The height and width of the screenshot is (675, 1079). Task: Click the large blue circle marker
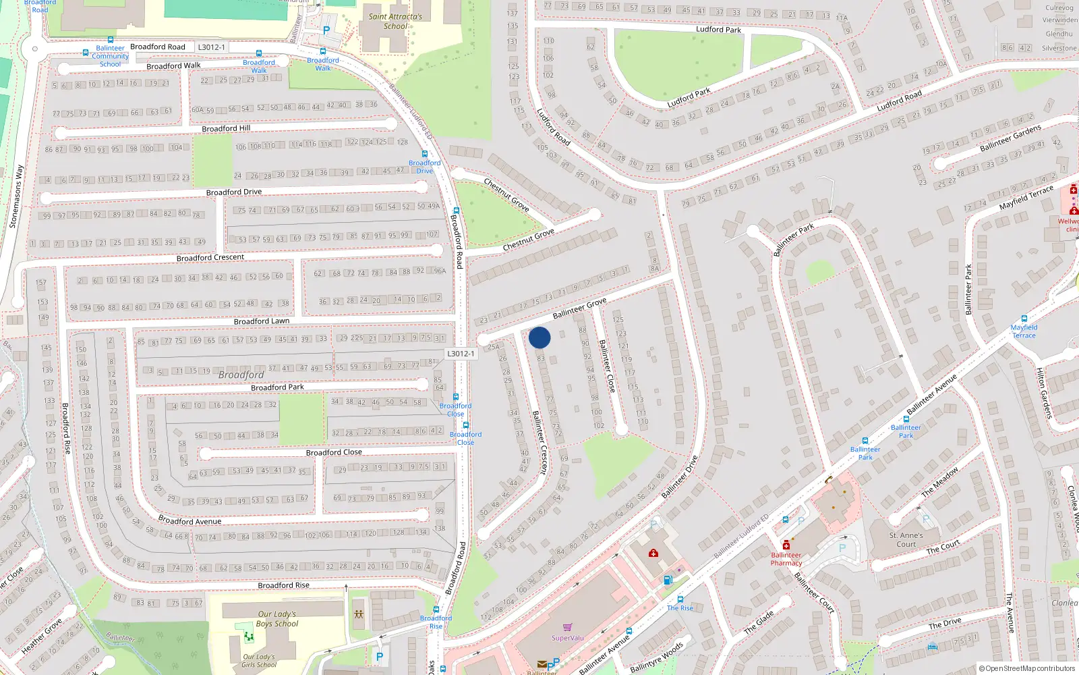tap(539, 337)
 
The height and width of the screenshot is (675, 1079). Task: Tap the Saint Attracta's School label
tap(395, 22)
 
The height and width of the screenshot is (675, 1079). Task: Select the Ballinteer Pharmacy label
tap(786, 559)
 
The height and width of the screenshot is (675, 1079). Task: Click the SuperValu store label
tap(568, 638)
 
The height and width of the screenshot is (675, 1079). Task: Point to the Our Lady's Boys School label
tap(277, 619)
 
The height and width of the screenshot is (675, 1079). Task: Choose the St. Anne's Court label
tap(906, 539)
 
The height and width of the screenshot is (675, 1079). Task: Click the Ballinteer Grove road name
tap(579, 308)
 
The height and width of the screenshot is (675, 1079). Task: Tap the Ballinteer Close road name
tap(607, 366)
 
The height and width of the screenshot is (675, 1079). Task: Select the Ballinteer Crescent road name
tap(540, 443)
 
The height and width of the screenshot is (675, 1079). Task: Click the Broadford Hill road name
tap(226, 128)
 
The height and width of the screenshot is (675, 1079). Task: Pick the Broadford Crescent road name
tap(210, 258)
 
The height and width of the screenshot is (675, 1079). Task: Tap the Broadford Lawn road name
tap(261, 321)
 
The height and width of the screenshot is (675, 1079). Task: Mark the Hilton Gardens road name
tap(1044, 393)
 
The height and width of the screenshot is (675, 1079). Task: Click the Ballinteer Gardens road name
tap(1010, 138)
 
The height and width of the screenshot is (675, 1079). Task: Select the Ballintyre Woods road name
tap(657, 657)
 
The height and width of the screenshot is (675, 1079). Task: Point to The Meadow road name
tap(940, 482)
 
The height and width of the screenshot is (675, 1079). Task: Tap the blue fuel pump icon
tap(668, 580)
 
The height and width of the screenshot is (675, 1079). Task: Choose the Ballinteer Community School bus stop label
tap(110, 56)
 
